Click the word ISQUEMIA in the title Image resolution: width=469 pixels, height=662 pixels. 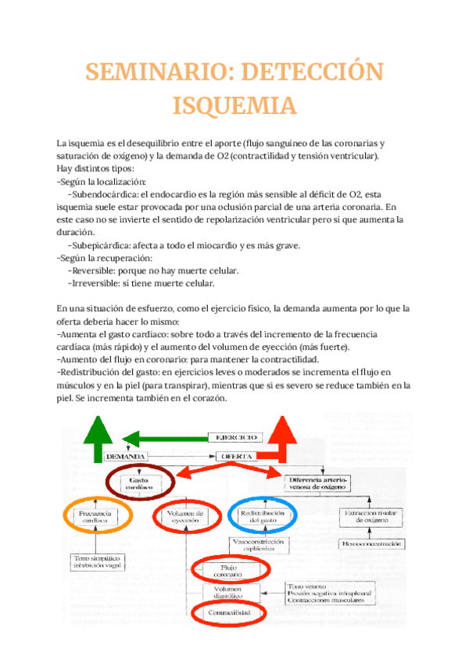[x=234, y=105]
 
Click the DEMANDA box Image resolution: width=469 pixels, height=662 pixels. [x=127, y=456]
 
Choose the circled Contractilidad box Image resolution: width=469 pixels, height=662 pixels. [x=229, y=614]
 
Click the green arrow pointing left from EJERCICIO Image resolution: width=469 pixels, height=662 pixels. [x=164, y=438]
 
